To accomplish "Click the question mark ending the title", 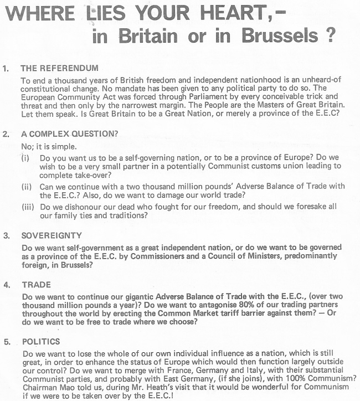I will (331, 36).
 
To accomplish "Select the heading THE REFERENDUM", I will (59, 69).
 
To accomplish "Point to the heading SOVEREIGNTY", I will (52, 235).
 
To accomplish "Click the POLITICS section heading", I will (42, 341).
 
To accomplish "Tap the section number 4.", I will (6, 285).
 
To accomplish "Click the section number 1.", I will (6, 69).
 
